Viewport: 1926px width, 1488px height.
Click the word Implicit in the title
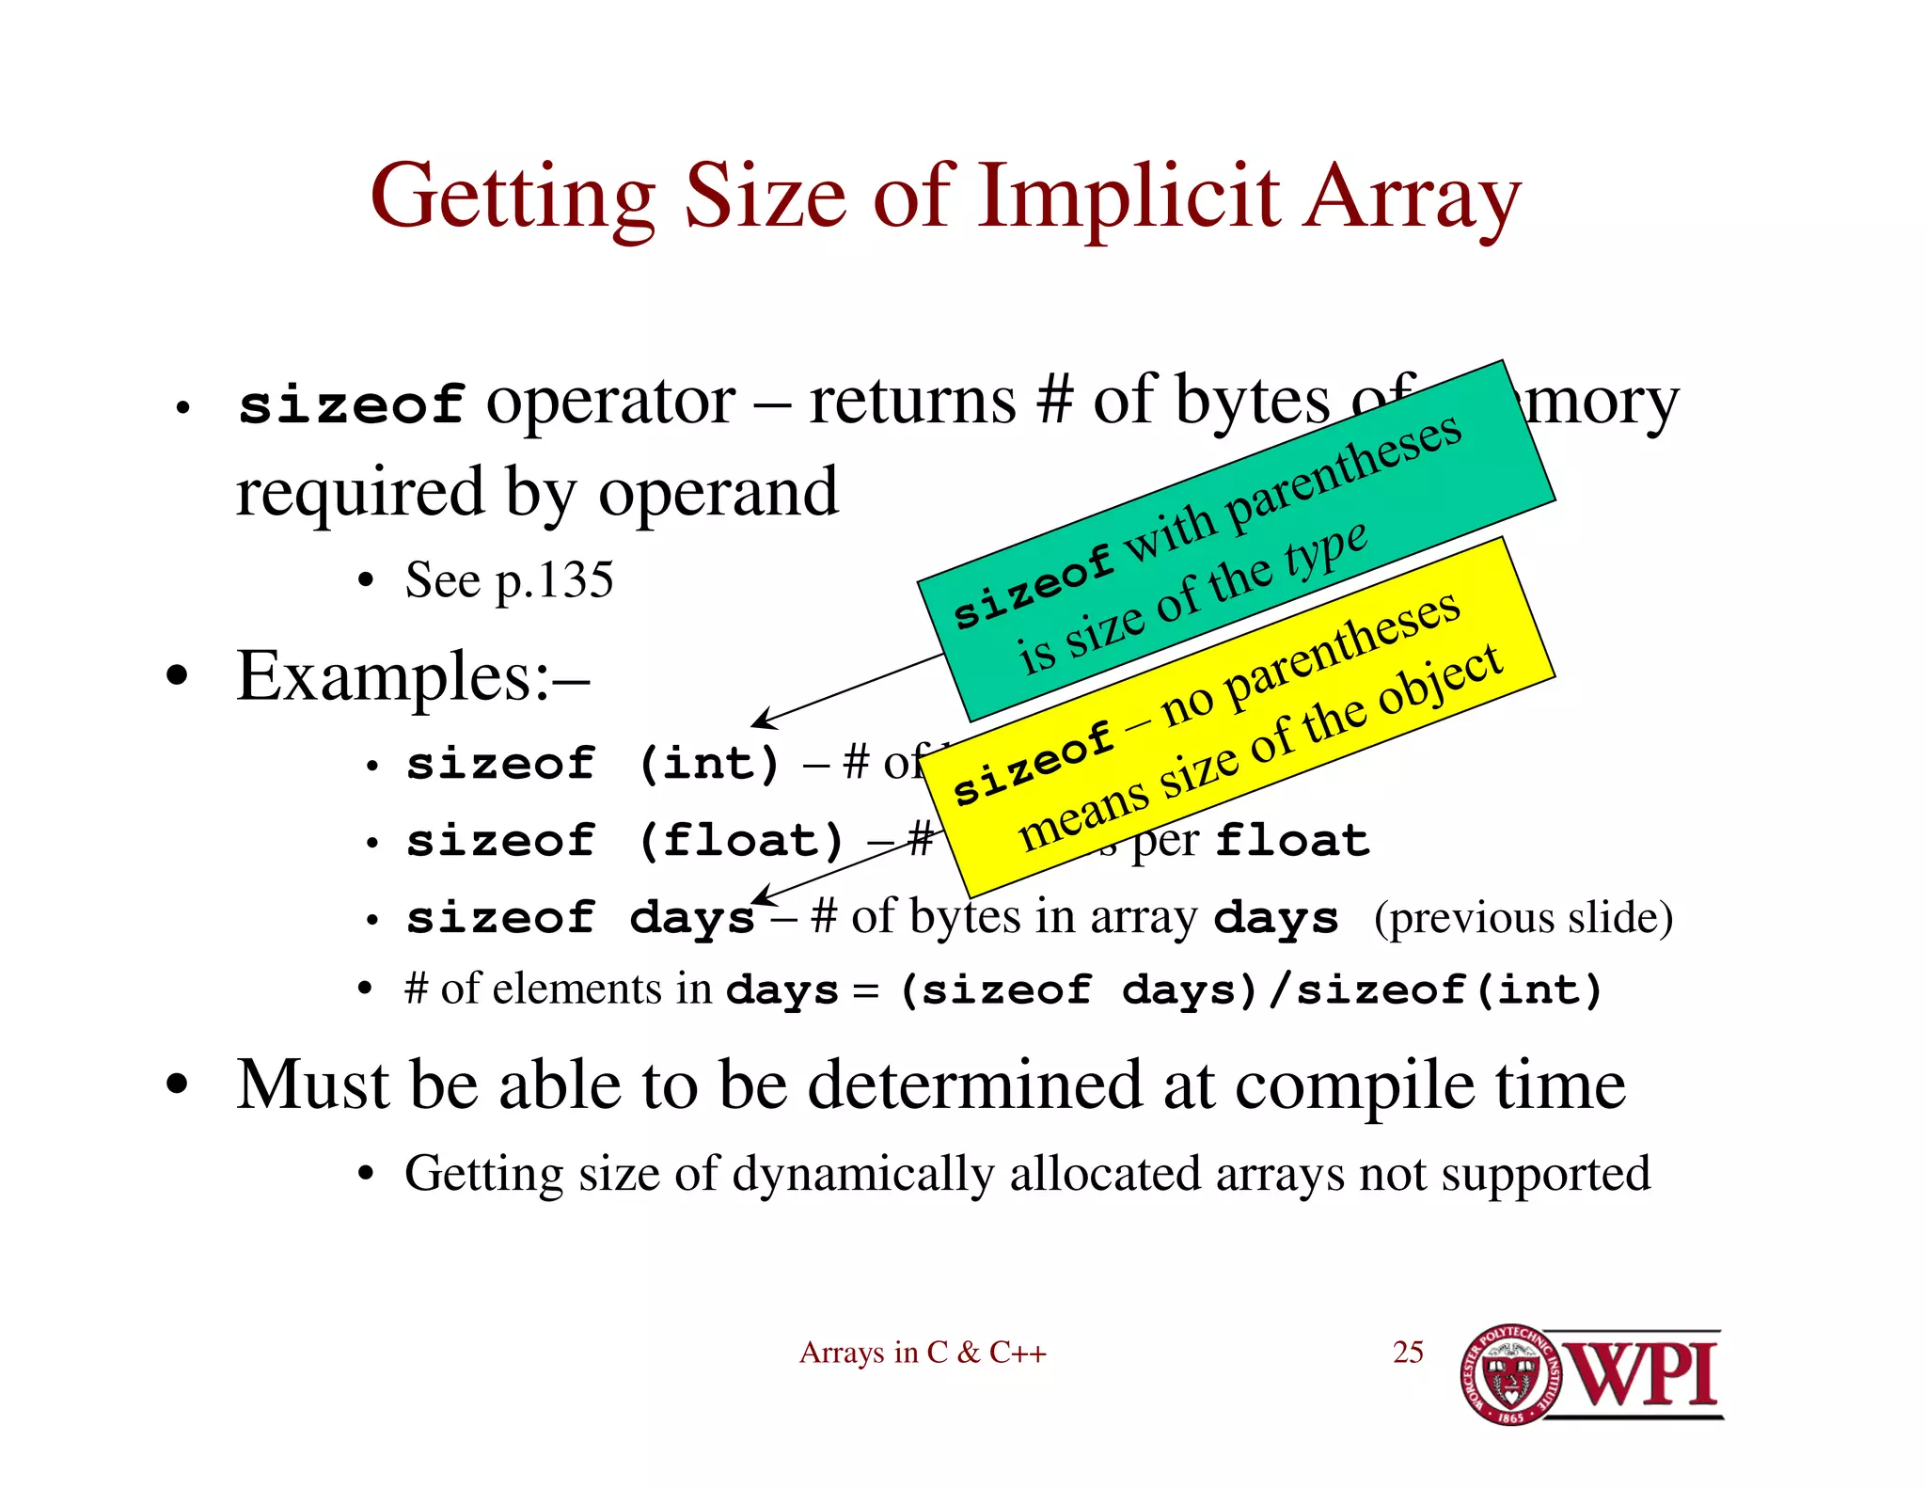[1129, 198]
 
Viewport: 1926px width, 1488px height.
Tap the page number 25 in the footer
[1408, 1352]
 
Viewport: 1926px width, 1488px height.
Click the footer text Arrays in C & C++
[923, 1353]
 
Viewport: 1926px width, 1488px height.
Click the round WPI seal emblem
[1510, 1374]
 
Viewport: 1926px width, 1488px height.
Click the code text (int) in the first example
[709, 763]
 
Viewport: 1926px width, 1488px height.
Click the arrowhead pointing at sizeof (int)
[760, 721]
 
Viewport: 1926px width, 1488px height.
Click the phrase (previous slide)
[1523, 918]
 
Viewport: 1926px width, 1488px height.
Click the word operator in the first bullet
[610, 403]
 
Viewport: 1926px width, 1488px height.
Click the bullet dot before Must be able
[177, 1084]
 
